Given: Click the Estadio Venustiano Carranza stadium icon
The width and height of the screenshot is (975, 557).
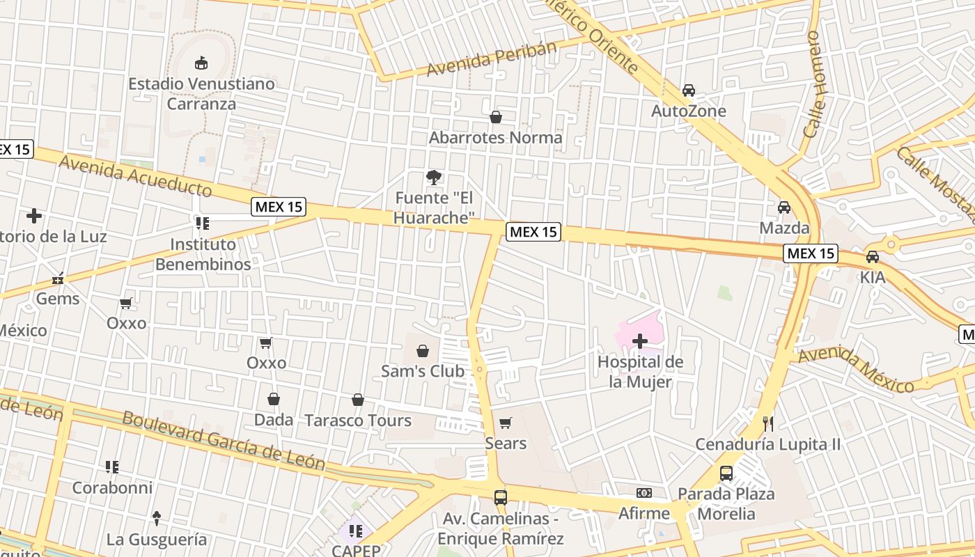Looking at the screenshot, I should [x=201, y=63].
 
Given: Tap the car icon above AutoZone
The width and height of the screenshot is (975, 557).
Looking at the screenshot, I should [x=689, y=91].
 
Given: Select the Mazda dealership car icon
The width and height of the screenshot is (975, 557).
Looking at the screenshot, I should [x=784, y=207].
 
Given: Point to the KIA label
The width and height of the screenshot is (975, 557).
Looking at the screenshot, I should [x=873, y=277].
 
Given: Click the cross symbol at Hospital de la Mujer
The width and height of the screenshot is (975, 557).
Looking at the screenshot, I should [x=640, y=341].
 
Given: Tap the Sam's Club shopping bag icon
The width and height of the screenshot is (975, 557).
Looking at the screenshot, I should [x=423, y=351].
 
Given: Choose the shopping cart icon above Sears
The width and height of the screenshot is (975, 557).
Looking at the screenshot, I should [x=506, y=423].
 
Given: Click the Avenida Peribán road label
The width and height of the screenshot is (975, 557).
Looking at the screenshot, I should [x=492, y=59].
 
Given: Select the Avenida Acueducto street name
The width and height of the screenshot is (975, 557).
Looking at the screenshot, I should [x=135, y=175].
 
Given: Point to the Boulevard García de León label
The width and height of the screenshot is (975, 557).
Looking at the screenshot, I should [x=223, y=439].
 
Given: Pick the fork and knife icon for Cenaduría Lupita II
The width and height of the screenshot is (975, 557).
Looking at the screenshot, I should [x=768, y=423].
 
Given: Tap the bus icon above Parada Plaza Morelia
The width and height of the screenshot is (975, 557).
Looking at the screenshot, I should [x=726, y=473].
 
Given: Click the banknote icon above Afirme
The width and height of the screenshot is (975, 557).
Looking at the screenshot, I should [x=644, y=493].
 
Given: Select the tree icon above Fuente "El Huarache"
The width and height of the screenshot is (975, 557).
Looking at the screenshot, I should [x=434, y=178].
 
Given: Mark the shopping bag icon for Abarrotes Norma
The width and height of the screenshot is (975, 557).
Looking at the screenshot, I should [x=496, y=117].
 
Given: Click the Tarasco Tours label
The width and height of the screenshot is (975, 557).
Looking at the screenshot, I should [x=358, y=421].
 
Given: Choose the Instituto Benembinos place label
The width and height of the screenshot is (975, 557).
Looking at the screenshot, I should [x=203, y=254].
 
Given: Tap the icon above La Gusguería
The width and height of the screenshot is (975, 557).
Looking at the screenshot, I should [x=157, y=519].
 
